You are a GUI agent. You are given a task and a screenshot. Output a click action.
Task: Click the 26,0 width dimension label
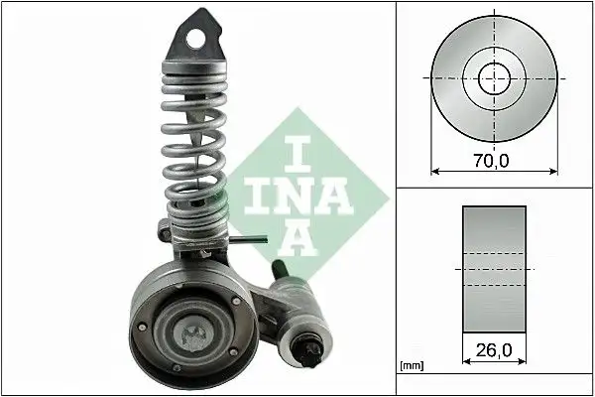(x=493, y=350)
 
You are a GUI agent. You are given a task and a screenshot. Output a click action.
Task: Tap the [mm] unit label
(x=411, y=367)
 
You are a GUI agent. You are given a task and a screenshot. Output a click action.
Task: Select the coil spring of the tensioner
(x=192, y=139)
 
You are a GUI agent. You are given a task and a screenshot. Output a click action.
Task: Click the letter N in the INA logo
(x=297, y=198)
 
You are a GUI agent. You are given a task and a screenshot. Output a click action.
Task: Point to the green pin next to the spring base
(x=257, y=237)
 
